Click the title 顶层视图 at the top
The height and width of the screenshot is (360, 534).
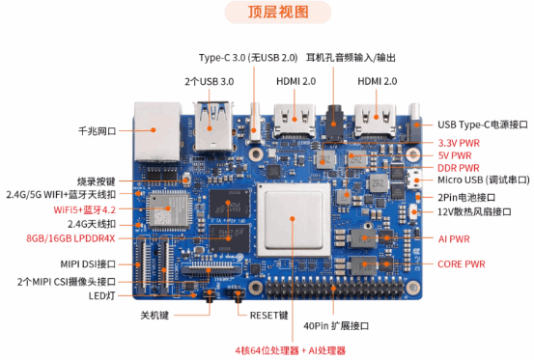click(278, 13)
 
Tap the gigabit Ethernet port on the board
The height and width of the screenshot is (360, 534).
click(157, 131)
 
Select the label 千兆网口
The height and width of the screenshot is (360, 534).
click(98, 131)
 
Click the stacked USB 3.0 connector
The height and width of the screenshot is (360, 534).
click(213, 126)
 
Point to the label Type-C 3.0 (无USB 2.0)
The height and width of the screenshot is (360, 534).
click(248, 58)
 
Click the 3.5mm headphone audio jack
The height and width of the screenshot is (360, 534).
click(334, 122)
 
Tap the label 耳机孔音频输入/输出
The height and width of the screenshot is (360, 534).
click(351, 58)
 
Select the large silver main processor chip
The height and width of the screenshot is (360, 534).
click(294, 219)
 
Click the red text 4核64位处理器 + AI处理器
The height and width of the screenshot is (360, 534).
click(290, 350)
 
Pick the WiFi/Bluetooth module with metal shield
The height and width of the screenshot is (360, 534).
click(169, 209)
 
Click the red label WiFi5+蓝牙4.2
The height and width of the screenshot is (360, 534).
click(84, 209)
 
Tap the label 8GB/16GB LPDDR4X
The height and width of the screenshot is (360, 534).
click(70, 238)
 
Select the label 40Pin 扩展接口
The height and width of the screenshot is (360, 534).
click(336, 326)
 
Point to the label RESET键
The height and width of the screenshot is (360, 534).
click(269, 316)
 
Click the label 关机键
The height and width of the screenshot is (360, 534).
click(155, 316)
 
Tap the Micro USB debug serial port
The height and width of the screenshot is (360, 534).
click(413, 179)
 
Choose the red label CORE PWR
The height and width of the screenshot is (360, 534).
click(462, 264)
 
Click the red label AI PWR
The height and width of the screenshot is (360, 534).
click(454, 238)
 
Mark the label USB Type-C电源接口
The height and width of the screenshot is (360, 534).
click(483, 125)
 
